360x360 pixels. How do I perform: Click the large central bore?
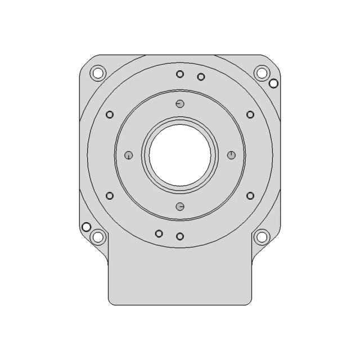[180, 155]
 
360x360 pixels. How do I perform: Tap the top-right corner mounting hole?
[261, 73]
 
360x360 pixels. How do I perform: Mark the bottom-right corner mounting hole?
[261, 237]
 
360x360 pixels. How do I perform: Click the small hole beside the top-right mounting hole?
[273, 84]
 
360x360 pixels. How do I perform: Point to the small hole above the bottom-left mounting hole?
[87, 227]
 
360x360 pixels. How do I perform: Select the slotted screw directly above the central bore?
[180, 103]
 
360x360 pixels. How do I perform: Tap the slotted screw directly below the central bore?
[180, 206]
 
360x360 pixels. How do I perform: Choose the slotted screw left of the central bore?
[129, 155]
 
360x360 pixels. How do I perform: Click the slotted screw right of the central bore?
[231, 155]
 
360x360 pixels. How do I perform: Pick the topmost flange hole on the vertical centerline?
[180, 74]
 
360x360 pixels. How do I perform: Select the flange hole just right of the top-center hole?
[201, 76]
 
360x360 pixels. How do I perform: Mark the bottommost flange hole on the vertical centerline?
[180, 236]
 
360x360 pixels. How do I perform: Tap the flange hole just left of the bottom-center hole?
[159, 233]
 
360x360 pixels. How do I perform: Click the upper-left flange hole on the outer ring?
[110, 115]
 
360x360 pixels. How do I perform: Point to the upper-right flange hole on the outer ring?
[250, 115]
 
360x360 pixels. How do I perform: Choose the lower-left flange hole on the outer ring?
[110, 196]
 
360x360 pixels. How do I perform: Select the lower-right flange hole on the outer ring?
[250, 196]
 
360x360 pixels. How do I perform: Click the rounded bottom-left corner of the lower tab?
[111, 302]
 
